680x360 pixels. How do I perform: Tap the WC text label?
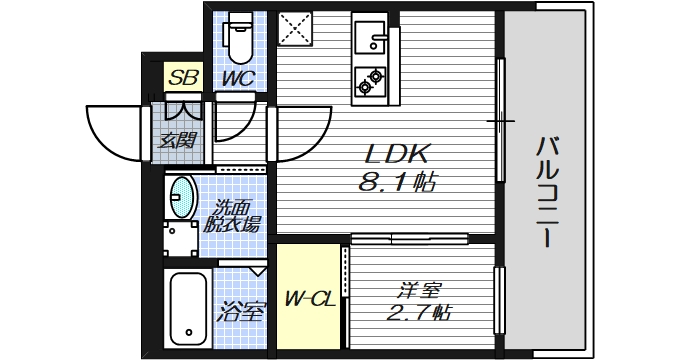[x=238, y=77]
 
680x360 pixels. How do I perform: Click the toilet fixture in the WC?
[x=239, y=38]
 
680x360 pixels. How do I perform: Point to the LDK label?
[x=396, y=155]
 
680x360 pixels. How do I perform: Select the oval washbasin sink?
[x=182, y=197]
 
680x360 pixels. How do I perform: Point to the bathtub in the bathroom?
[x=187, y=306]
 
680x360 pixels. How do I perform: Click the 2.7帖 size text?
[x=413, y=312]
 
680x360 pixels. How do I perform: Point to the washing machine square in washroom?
[x=182, y=238]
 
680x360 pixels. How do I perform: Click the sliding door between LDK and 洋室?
[x=410, y=238]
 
